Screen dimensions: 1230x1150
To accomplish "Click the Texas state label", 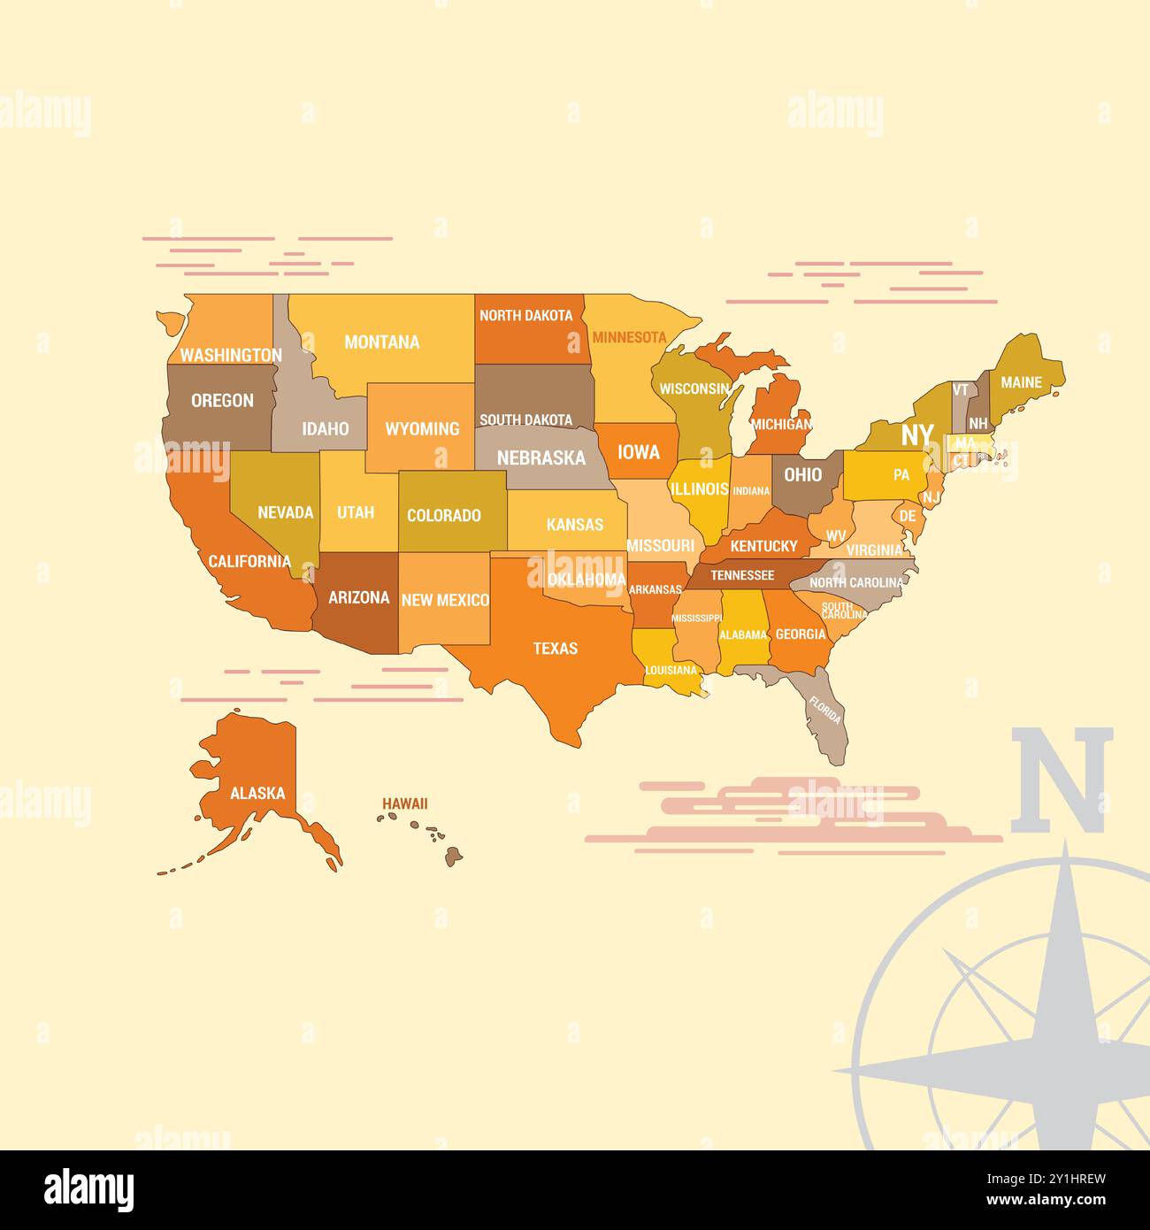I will click(555, 649).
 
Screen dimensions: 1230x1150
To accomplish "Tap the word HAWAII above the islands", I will click(404, 803).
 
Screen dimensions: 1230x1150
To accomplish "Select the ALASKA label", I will click(257, 793).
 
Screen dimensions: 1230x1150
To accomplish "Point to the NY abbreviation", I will click(916, 434).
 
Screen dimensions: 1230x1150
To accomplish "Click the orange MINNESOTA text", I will click(629, 337).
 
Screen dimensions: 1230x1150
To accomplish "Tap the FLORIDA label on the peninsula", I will click(824, 711).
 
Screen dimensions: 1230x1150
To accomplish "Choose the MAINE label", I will click(1021, 382).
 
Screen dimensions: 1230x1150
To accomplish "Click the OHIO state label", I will click(802, 474).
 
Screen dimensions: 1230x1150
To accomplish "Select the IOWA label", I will click(638, 452).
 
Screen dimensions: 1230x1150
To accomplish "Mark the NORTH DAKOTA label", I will click(525, 315).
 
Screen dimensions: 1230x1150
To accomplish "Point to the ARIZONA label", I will click(358, 597).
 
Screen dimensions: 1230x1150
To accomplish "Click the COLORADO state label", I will click(443, 515).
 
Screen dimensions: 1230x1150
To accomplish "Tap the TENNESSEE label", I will click(742, 575).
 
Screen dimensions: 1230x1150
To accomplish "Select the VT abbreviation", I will click(960, 389).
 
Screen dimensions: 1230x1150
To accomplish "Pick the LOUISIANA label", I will click(671, 670).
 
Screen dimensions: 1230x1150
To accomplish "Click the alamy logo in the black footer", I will click(89, 1189).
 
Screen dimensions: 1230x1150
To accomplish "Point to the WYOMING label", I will click(422, 429).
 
